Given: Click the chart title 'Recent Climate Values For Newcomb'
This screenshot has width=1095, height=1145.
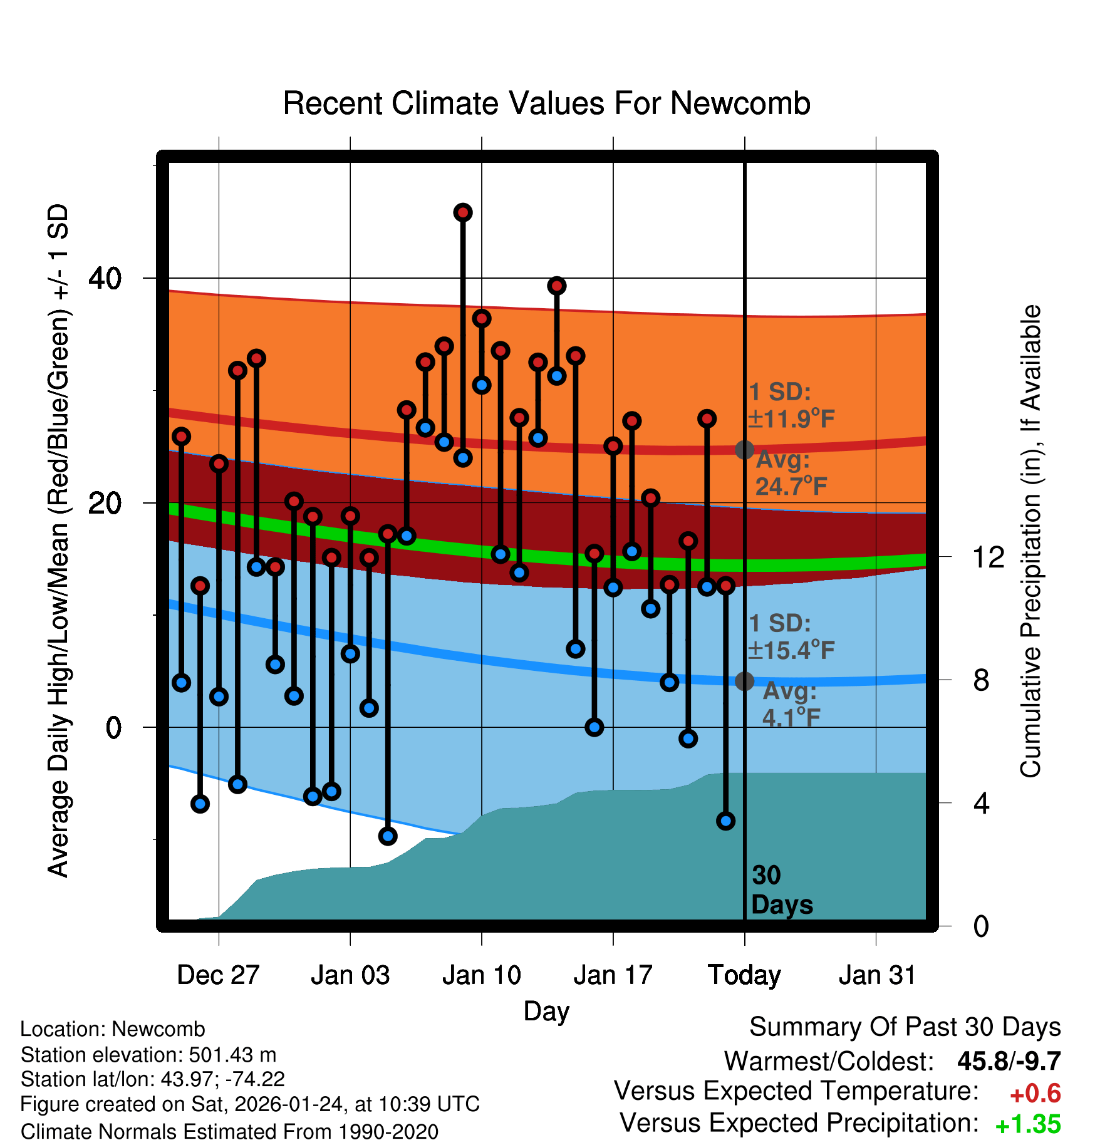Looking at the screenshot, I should point(546,103).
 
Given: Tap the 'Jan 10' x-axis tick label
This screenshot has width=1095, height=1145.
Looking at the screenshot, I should point(481,975).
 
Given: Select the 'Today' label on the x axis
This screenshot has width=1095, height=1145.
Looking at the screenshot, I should point(744,975).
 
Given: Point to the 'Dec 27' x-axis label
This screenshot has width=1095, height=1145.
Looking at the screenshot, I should point(218,975).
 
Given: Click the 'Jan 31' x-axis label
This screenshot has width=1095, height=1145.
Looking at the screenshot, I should point(877,975).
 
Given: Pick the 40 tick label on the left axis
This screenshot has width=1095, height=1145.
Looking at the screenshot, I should point(105,278).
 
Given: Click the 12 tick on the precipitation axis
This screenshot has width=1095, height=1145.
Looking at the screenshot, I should point(988,557).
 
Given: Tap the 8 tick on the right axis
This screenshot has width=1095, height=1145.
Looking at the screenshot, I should point(981,680).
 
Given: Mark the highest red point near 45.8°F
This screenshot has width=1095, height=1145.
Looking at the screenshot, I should point(463,213).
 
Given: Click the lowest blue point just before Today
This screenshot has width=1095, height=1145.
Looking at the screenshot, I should point(725,821).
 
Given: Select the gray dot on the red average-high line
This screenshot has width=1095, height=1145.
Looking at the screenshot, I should point(744,450).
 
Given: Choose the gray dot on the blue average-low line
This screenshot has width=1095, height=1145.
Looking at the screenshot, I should point(744,681).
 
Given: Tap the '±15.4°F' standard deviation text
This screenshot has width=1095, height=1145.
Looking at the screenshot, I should point(791,650).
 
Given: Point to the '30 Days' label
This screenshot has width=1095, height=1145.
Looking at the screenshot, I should point(781,890).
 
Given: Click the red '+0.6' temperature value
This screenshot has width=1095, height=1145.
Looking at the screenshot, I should point(1035,1094).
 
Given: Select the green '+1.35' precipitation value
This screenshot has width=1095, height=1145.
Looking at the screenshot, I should point(1027,1124).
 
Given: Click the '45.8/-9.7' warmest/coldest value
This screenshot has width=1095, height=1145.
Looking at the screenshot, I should point(1009,1061).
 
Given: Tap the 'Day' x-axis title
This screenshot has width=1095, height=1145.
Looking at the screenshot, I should point(546,1011).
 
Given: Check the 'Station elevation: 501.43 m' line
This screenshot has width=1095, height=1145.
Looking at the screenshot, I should point(148,1055).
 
